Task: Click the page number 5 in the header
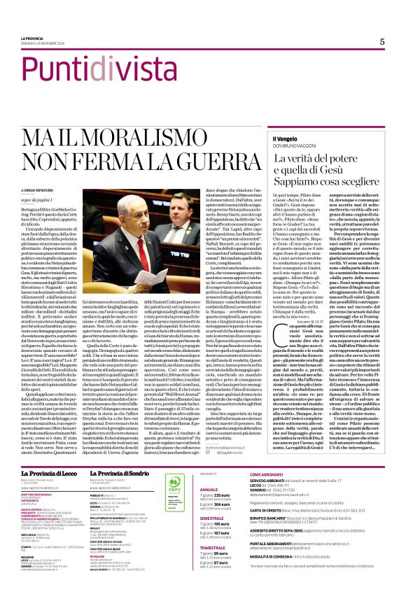click(382, 42)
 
